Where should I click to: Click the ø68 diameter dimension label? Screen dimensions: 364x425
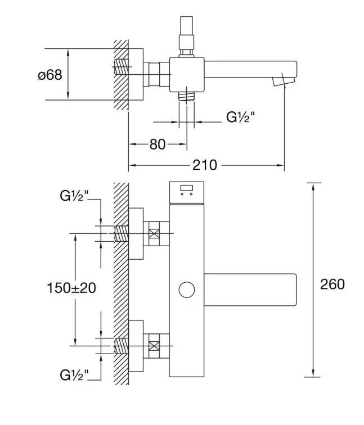[50, 75]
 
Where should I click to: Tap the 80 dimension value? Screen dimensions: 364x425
[158, 144]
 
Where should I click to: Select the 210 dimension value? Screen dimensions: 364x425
[205, 165]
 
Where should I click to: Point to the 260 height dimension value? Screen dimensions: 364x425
[332, 284]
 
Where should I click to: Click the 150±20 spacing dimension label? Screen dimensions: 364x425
[71, 288]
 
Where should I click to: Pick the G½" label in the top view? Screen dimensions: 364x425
[241, 117]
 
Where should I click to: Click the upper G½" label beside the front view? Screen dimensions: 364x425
[74, 196]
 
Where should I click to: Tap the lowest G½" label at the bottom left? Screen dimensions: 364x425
[74, 375]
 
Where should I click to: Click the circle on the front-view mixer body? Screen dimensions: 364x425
[187, 290]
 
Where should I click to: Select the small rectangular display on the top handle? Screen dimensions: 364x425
[187, 188]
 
